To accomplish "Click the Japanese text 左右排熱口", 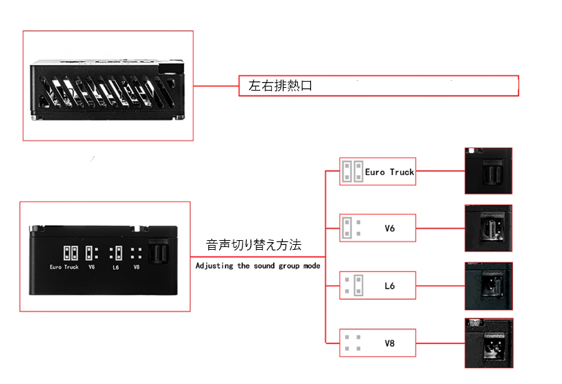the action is (280, 86).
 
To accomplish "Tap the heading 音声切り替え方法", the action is (254, 245).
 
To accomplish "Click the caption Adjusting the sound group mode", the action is (258, 266).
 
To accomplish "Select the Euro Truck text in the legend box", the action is (389, 172).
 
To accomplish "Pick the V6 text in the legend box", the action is (390, 228).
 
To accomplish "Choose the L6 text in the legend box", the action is (390, 286).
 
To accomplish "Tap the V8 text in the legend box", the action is (390, 343).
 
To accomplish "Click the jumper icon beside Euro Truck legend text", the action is (353, 171).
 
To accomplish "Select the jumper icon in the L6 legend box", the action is (354, 285).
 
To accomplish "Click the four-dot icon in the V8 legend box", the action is (353, 342).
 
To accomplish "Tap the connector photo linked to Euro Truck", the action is (489, 171).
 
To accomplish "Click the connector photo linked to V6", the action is (489, 228).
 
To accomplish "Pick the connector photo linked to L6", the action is (489, 286).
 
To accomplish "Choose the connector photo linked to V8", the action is (489, 343).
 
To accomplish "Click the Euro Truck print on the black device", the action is (64, 267).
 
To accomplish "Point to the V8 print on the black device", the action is (137, 267).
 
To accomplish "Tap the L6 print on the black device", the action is (115, 267).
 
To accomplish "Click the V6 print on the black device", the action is (92, 267).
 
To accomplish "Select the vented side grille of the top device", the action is (108, 91).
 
